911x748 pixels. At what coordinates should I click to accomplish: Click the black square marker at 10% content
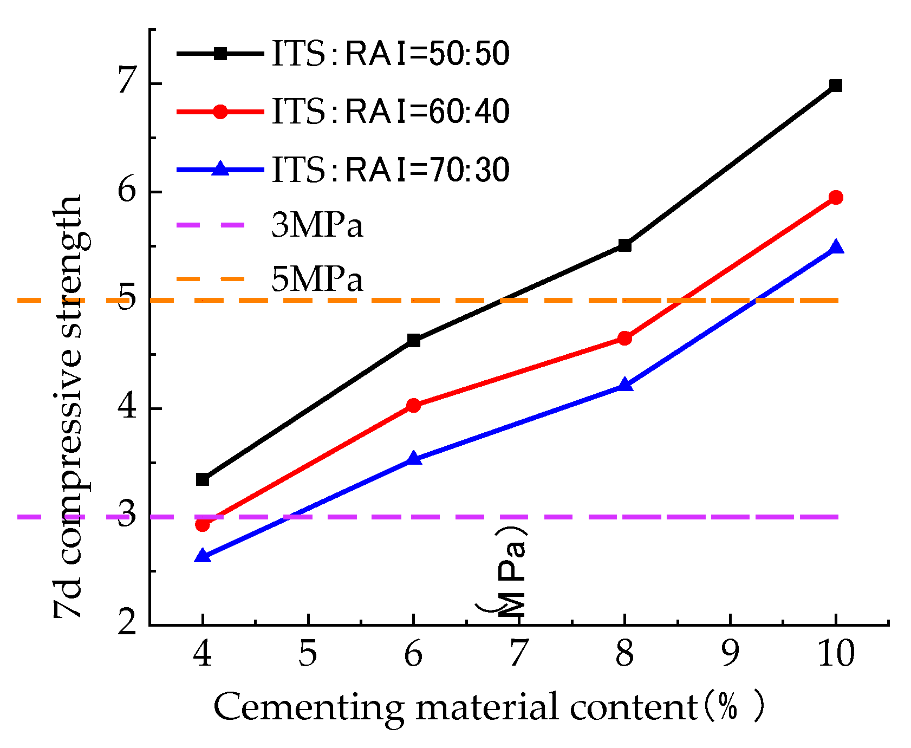click(x=836, y=86)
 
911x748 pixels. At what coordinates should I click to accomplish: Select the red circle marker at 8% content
click(x=624, y=339)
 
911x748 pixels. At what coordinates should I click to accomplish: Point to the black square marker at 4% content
click(x=203, y=479)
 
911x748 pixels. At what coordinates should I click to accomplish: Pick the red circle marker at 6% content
click(x=413, y=405)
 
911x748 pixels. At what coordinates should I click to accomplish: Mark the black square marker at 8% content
click(x=624, y=245)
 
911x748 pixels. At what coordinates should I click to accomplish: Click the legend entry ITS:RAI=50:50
click(x=390, y=54)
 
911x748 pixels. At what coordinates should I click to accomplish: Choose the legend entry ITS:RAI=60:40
click(x=390, y=112)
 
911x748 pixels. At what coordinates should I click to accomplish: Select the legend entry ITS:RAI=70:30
click(x=390, y=170)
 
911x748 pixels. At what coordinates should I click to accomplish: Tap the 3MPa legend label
click(x=317, y=225)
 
